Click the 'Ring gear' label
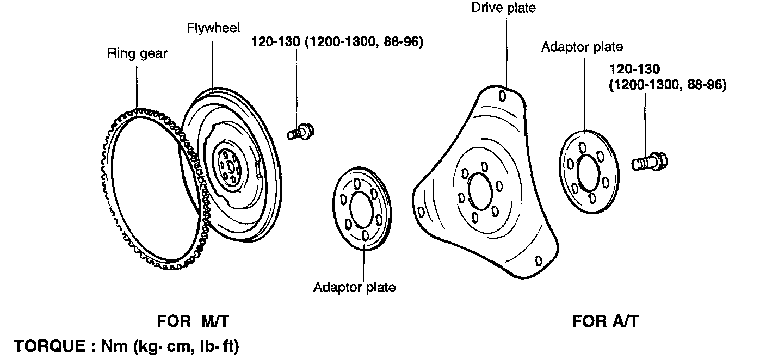pos(137,54)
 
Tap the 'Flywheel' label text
pos(213,28)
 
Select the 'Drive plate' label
pos(503,8)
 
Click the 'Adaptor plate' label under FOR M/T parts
pos(354,287)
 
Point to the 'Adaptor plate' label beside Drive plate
pos(582,47)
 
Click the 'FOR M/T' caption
pos(193,321)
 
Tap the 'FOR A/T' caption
pos(605,321)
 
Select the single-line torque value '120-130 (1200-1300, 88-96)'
pos(337,42)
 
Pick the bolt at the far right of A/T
pos(650,162)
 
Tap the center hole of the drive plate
pos(480,191)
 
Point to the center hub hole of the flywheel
pos(228,165)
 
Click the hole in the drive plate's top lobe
pos(503,96)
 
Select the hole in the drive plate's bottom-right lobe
pos(539,260)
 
